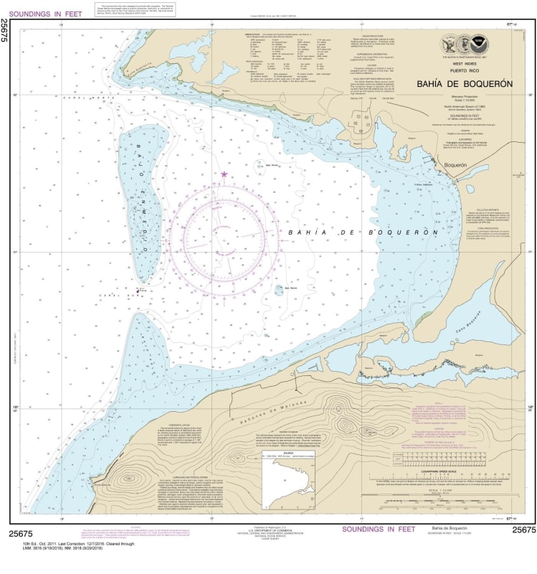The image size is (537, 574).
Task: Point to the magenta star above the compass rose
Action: click(224, 174)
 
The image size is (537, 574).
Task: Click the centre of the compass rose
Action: click(224, 240)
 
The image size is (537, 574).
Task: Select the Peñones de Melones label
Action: click(262, 410)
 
